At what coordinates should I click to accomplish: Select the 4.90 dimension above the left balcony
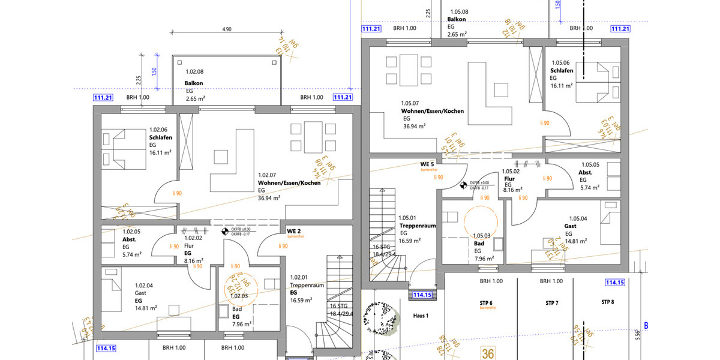[227, 29]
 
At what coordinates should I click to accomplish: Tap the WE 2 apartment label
[293, 231]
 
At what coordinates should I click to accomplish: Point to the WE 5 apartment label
[427, 164]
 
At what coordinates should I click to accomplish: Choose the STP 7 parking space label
[552, 303]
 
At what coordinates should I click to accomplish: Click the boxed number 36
[488, 353]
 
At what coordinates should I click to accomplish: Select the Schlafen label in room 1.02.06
[161, 137]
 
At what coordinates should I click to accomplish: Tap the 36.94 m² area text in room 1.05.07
[415, 126]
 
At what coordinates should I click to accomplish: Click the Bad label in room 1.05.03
[479, 244]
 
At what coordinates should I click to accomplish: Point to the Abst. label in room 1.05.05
[586, 172]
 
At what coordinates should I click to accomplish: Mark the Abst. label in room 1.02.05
[130, 239]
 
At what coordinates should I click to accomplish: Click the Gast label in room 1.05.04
[570, 226]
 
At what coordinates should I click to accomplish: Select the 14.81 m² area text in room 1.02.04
[146, 308]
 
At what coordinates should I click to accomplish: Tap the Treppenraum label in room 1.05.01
[417, 226]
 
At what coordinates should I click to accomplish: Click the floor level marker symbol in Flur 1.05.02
[462, 185]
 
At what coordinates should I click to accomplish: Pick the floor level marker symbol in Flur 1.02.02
[225, 230]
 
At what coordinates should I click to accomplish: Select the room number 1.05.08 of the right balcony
[457, 11]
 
